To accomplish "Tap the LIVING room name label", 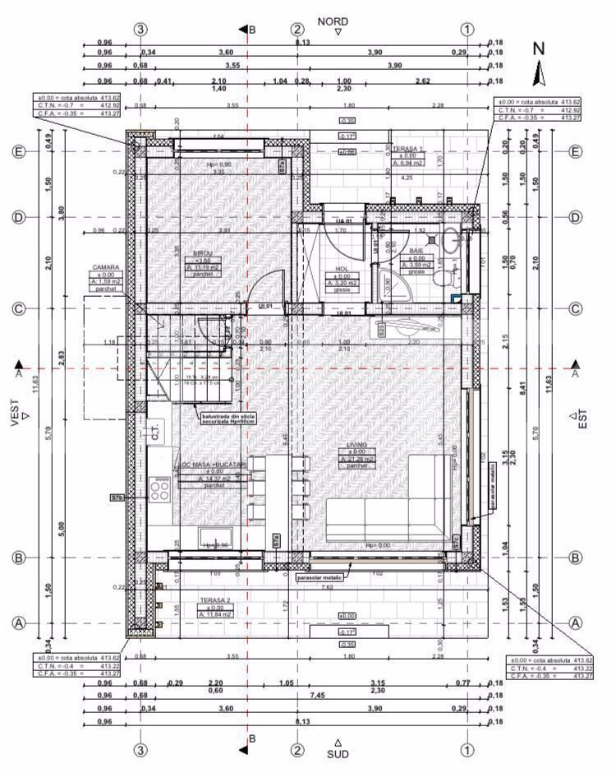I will (x=356, y=445).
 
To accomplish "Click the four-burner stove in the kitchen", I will (x=159, y=491).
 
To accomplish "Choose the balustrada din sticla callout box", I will (x=224, y=419).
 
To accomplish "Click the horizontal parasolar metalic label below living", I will (x=318, y=577).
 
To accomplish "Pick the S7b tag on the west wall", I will (x=117, y=498).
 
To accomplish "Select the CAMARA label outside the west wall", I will (x=106, y=267).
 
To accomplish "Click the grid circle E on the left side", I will (x=18, y=151).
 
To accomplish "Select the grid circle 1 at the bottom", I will (x=467, y=750).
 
